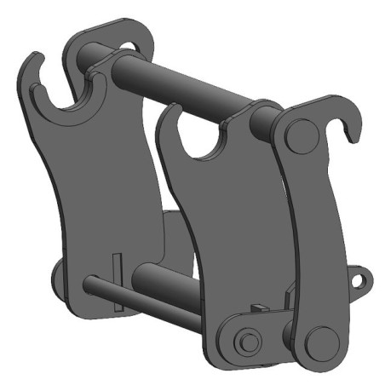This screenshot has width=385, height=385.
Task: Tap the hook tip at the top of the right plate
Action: [x=350, y=129]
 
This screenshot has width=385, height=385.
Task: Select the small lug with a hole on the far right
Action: [x=362, y=279]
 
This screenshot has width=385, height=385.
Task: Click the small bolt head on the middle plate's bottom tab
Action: [x=246, y=340]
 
